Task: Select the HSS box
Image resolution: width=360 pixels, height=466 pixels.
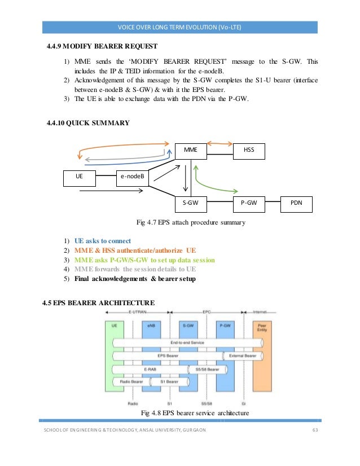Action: (249, 151)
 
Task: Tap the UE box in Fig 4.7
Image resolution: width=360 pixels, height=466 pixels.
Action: (79, 177)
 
